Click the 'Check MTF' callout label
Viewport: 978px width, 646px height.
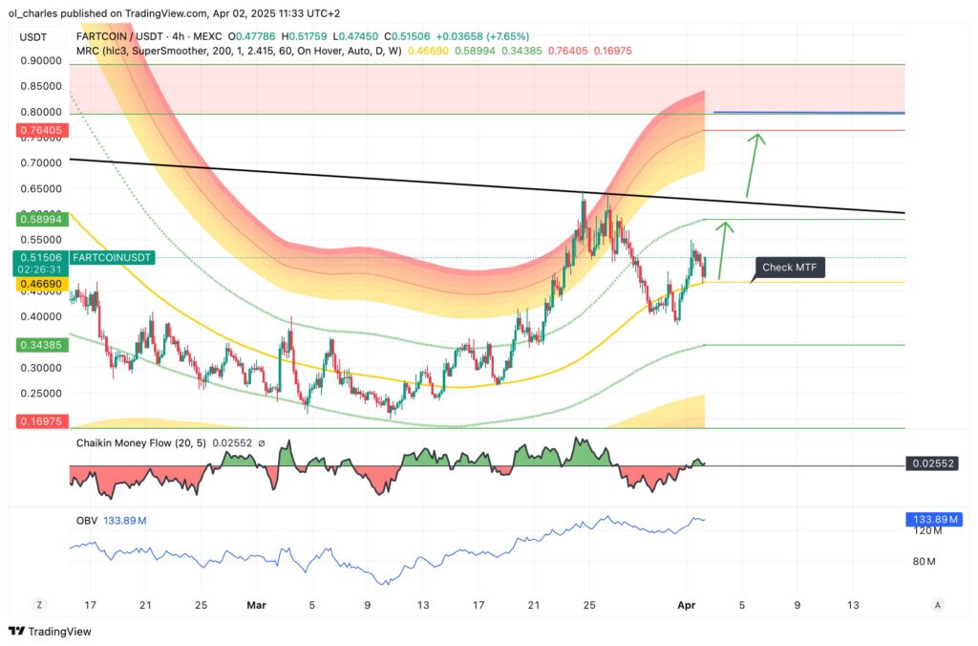coord(791,268)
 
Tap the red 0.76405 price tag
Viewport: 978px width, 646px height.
coord(39,130)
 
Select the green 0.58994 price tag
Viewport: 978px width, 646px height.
coord(39,219)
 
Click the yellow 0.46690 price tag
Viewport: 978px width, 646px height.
coord(39,284)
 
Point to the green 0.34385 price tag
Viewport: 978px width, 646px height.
coord(39,344)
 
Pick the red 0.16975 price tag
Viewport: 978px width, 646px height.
coord(39,420)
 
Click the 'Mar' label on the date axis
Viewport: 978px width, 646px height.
coord(256,605)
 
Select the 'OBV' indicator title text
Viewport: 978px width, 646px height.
coord(87,520)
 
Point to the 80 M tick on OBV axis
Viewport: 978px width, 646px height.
coord(925,561)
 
